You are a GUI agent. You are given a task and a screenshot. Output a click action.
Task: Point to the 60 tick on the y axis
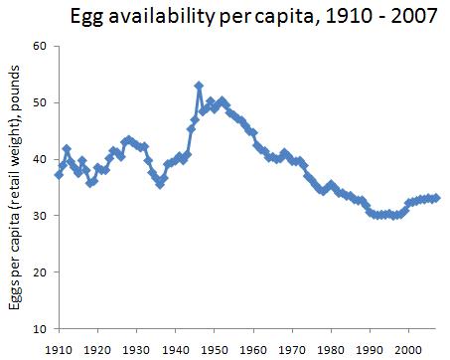tap(40, 47)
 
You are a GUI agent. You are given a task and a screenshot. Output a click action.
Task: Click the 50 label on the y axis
tap(40, 103)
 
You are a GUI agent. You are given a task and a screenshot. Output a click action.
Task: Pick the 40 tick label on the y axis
tap(40, 159)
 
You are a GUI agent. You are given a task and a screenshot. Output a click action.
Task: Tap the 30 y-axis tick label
tap(40, 216)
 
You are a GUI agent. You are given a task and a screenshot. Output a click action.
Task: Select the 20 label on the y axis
tap(40, 271)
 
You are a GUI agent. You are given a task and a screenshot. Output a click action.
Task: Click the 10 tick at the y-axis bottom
tap(40, 328)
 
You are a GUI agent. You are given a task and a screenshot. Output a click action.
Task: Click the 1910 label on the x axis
tap(59, 349)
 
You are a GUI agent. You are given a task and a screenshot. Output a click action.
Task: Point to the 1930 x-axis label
tap(136, 349)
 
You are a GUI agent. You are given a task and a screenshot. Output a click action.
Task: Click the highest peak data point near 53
tap(199, 87)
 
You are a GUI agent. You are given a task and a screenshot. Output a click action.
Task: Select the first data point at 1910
tap(59, 175)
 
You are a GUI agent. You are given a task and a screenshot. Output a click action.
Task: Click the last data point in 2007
tap(436, 198)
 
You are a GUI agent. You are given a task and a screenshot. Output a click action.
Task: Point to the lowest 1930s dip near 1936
tap(160, 184)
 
